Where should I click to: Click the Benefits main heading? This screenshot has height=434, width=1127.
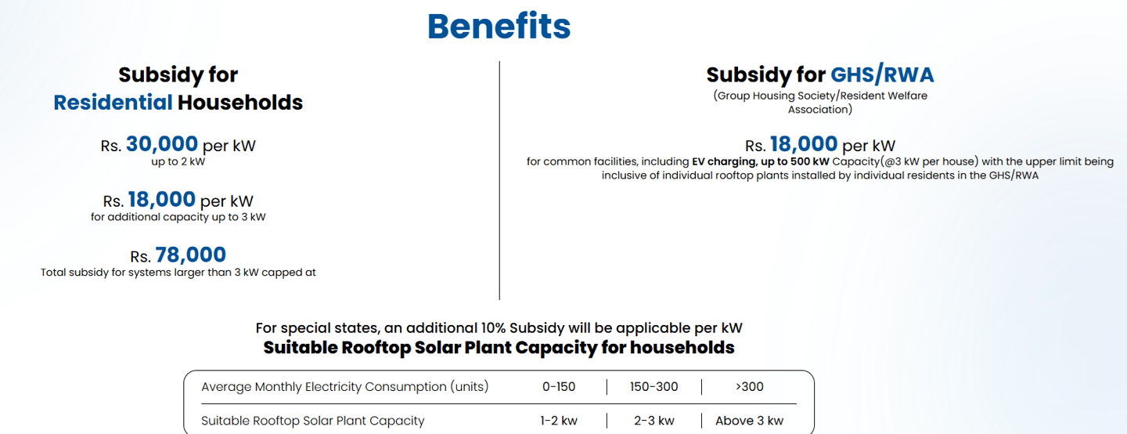pos(499,27)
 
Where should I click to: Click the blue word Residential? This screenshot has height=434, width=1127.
pos(113,102)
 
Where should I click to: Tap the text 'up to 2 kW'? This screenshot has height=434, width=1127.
pos(178,162)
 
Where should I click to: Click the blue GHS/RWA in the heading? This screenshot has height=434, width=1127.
pos(882,74)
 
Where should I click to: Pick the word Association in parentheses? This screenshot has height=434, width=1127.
pos(819,110)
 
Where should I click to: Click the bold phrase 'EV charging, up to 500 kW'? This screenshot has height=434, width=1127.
pos(761,162)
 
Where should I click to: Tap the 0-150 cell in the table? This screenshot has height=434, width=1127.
pos(558,386)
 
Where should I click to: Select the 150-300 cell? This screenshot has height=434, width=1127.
pos(654,386)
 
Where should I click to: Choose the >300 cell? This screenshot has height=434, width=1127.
pos(749,386)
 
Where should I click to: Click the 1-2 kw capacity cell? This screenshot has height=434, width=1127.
pos(559,421)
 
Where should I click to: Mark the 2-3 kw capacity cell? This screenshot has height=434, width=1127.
pos(654,421)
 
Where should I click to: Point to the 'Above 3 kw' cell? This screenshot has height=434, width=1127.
pos(749,421)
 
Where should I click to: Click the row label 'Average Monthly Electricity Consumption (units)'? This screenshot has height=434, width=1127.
pos(344,386)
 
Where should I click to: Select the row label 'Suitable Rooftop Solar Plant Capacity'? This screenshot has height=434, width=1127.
pos(312,421)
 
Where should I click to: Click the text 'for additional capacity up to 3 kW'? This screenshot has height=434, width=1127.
pos(178,217)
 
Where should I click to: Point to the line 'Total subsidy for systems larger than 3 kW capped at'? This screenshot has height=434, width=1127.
pos(178,273)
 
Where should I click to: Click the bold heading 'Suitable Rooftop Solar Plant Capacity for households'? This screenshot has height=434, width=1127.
pos(499,347)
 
